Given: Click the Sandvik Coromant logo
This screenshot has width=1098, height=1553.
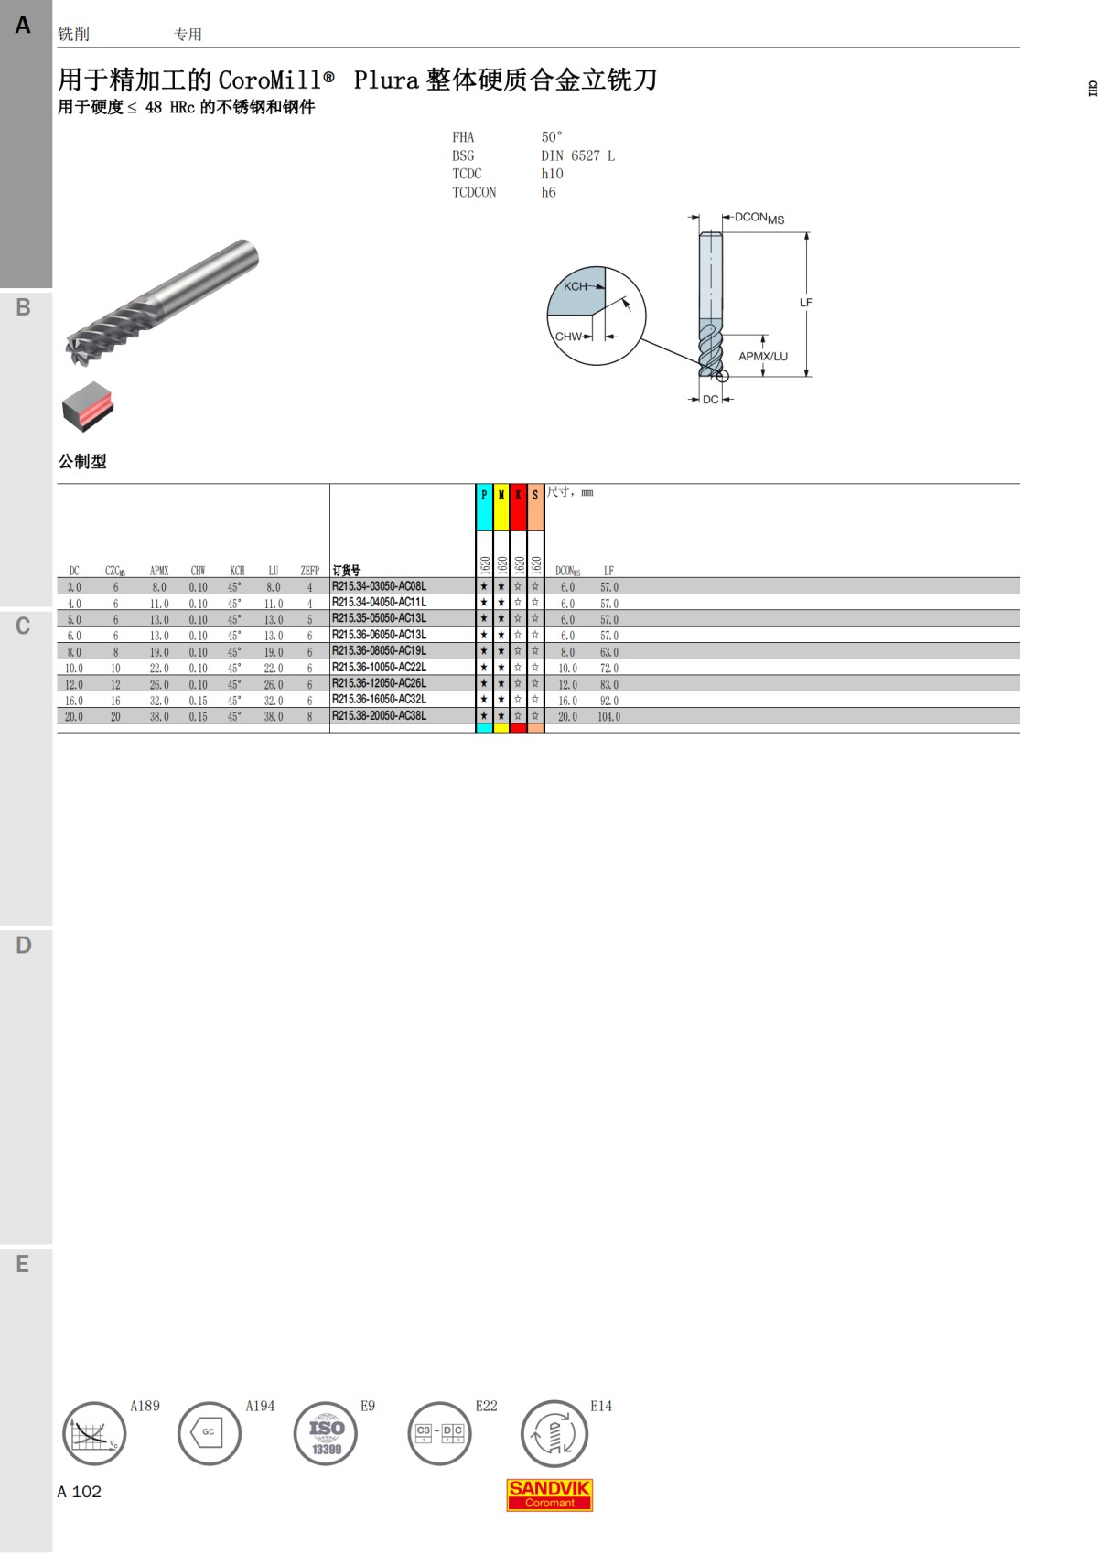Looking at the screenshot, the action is (x=549, y=1494).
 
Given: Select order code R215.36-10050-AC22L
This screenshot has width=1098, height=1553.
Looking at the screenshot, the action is (x=379, y=667).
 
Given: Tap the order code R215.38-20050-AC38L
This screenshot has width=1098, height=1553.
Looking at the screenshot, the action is (x=379, y=715).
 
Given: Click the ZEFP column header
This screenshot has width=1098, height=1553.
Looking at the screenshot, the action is (x=309, y=571).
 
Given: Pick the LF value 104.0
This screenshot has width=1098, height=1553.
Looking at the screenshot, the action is (x=609, y=717).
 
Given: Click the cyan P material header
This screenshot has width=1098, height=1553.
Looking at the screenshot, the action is (x=484, y=508).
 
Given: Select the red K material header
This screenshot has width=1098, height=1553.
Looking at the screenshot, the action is (x=518, y=508).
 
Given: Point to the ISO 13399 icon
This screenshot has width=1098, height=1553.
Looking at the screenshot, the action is (x=326, y=1433).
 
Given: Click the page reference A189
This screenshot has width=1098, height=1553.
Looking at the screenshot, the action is (x=145, y=1406).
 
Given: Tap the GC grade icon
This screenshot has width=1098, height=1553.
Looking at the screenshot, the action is (x=210, y=1433).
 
